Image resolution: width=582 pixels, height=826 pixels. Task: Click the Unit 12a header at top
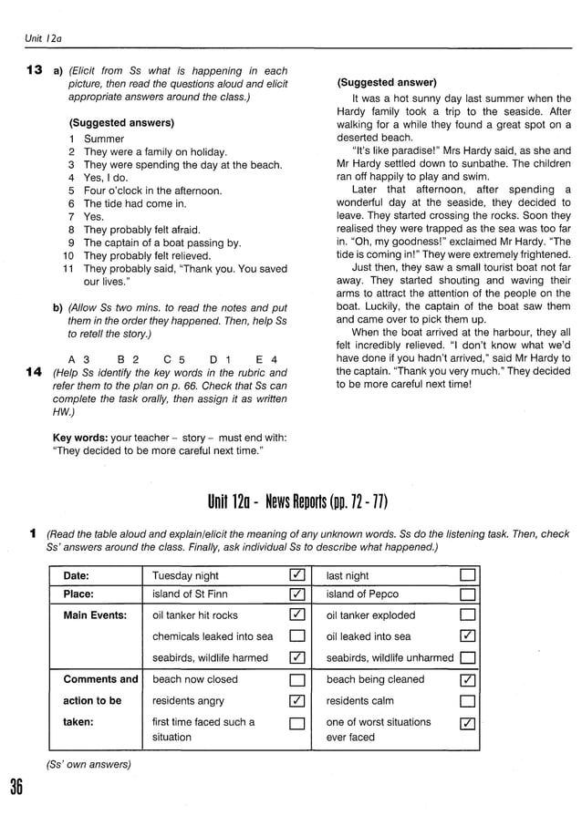tap(42, 38)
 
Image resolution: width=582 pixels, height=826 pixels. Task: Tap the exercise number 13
tap(34, 70)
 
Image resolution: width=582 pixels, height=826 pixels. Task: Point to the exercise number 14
tap(34, 372)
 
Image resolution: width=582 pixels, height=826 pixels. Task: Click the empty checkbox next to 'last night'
tap(467, 575)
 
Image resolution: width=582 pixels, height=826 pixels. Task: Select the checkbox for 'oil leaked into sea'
tap(467, 636)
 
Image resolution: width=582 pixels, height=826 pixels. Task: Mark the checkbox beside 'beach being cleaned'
tap(467, 679)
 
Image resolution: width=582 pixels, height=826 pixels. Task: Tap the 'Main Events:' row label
tap(95, 615)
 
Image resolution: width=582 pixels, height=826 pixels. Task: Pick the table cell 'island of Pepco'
tap(362, 595)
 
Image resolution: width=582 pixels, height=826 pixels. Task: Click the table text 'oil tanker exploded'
tap(370, 615)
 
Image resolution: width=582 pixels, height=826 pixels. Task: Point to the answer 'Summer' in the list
tap(103, 139)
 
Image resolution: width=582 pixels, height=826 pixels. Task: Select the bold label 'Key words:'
tap(79, 438)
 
